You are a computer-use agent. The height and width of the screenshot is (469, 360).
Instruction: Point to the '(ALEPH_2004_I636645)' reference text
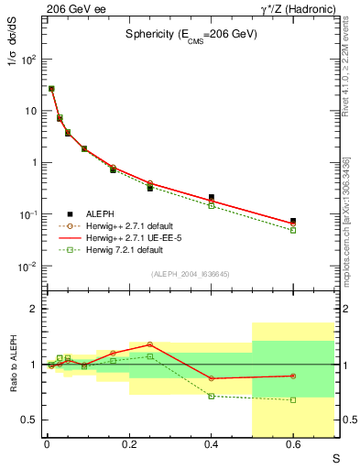(191, 273)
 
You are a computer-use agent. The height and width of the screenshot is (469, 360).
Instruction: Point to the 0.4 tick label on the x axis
(212, 445)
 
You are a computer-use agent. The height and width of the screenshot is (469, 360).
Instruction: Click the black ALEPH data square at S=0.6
(293, 221)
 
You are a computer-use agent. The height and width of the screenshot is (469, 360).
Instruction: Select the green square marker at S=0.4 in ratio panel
(212, 396)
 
